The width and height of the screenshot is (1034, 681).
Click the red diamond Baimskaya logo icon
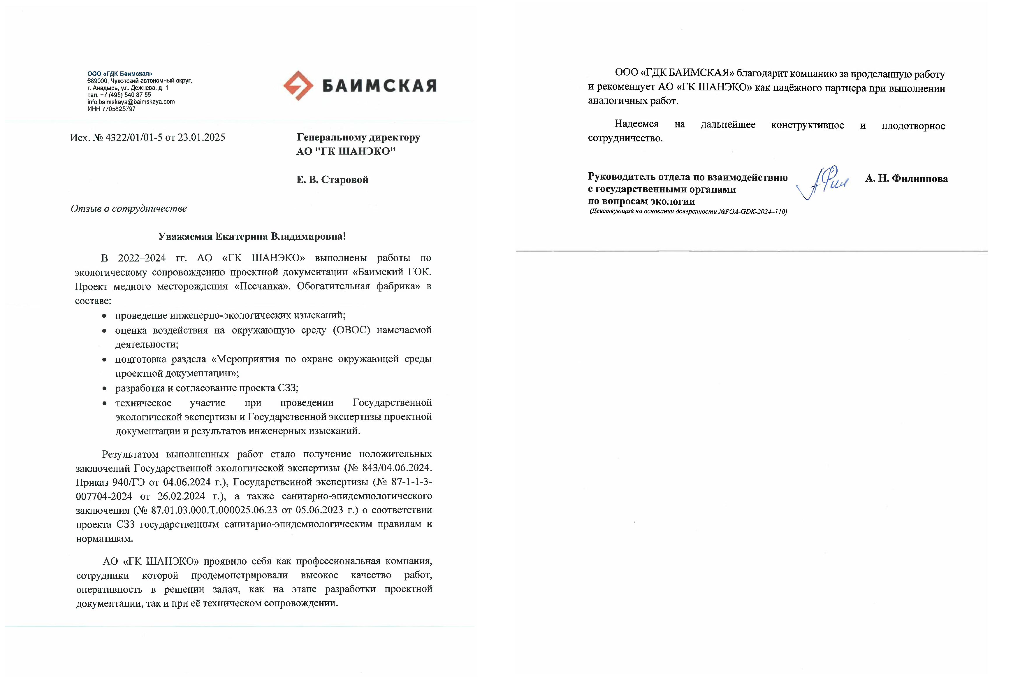298,86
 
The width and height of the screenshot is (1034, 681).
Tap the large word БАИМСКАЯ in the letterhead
379,86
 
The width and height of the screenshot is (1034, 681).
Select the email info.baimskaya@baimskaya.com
131,102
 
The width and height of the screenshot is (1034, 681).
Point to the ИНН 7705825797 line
111,109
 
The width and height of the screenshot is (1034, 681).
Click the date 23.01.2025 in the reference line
201,138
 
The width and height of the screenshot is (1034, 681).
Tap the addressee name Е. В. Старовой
332,180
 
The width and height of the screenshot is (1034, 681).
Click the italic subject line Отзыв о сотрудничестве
129,209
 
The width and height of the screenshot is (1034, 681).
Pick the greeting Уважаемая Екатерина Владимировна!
252,237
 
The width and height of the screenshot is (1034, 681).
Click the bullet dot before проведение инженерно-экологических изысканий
104,316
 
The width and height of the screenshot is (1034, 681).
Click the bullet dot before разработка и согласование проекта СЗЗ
104,389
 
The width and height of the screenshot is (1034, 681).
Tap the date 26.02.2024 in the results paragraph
181,496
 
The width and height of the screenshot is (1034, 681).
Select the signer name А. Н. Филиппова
906,179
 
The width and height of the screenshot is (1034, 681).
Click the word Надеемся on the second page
636,124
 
